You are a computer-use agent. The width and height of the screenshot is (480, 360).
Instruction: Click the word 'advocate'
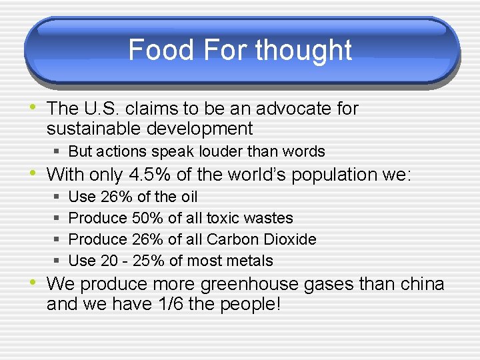click(298, 108)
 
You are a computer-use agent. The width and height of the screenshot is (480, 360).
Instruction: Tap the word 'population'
click(319, 175)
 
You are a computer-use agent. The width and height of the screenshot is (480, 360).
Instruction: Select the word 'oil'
click(188, 197)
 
